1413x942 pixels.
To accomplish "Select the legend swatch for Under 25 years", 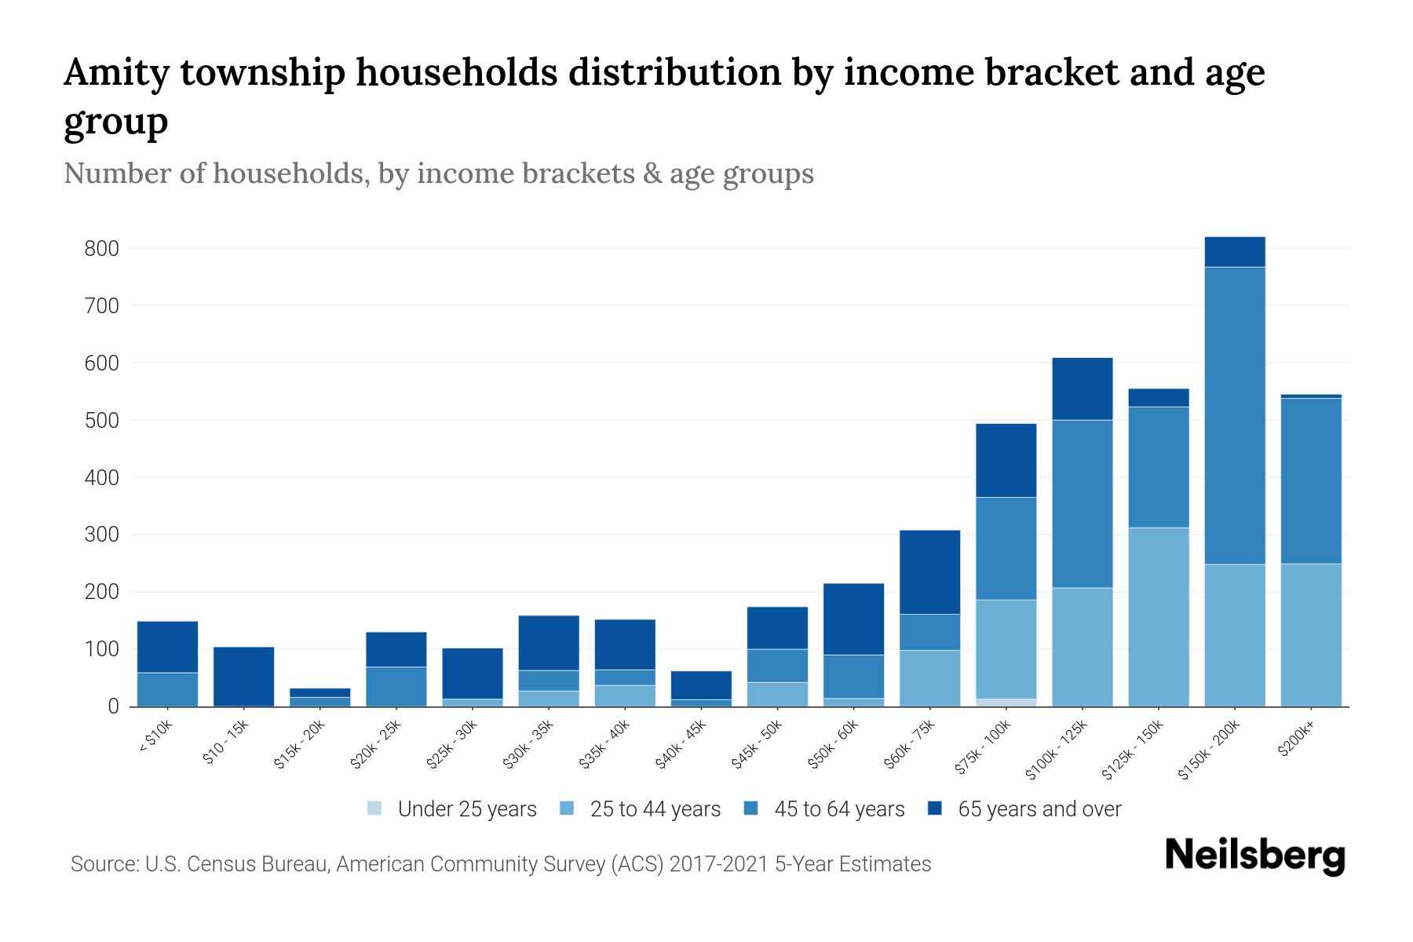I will click(375, 809).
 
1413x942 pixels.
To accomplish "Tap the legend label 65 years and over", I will click(1039, 809).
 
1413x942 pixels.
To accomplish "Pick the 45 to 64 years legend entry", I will click(838, 809).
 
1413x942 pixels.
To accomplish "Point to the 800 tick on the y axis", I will click(101, 249).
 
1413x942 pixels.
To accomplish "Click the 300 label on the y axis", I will click(101, 535).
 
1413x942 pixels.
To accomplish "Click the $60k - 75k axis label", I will click(910, 745).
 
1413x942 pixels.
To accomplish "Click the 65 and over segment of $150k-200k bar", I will click(1235, 252).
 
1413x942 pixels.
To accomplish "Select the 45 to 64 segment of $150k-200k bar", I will click(1235, 416).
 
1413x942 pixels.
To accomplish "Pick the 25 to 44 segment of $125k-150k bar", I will click(1159, 617).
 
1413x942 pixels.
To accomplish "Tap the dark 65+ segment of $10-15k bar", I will click(244, 676).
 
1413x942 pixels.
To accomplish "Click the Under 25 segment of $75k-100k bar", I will click(1006, 703).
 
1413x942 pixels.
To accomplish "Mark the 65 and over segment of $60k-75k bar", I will click(929, 572).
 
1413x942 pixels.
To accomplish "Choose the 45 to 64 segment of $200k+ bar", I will click(1311, 480).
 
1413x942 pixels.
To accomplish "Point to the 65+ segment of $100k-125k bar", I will click(1083, 389).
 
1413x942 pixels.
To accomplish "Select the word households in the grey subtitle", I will click(289, 173).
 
